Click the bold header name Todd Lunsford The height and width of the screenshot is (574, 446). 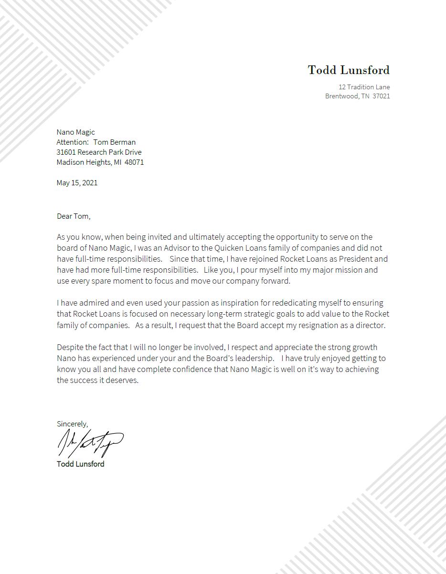349,70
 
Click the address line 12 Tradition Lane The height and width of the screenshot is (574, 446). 364,87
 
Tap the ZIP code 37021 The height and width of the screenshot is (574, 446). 381,96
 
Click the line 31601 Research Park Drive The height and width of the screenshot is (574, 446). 99,152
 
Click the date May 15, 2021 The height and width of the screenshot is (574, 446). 77,182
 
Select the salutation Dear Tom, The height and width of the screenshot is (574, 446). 74,216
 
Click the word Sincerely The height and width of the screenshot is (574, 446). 72,424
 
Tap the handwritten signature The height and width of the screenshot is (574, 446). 90,443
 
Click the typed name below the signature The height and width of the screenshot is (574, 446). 80,464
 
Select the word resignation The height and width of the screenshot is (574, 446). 318,325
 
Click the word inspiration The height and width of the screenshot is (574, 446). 240,303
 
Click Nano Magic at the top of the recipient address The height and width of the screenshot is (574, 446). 75,132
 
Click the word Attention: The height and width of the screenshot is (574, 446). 72,142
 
